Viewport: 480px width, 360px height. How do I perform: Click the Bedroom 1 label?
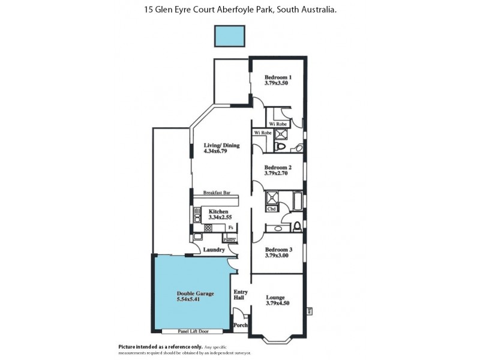click(278, 77)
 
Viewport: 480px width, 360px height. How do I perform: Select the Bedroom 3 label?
click(278, 250)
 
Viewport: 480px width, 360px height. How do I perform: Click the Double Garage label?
click(192, 293)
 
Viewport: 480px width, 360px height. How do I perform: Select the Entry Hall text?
click(240, 295)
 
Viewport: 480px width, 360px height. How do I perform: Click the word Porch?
click(240, 325)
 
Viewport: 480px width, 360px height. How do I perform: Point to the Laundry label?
click(214, 250)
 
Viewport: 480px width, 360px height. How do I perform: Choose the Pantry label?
click(229, 239)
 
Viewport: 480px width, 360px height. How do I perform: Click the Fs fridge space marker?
click(230, 227)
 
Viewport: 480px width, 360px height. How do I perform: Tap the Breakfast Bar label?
click(217, 193)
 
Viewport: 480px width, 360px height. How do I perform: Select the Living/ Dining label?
click(221, 145)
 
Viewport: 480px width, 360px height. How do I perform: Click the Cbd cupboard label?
click(271, 209)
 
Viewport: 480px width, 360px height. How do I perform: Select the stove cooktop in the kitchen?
click(208, 228)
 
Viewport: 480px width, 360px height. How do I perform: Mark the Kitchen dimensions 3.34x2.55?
click(220, 217)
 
